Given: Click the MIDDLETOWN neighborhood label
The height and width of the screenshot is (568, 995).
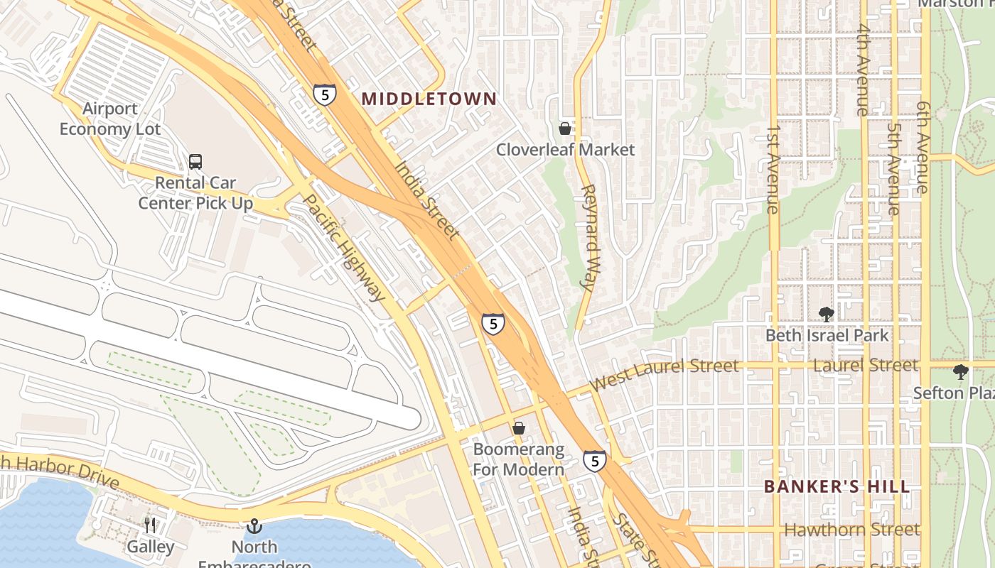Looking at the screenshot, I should coord(429,99).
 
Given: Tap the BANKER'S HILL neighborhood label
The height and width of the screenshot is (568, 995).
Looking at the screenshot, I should coord(837,486).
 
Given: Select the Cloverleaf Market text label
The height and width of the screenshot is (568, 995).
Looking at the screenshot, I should coord(565,150).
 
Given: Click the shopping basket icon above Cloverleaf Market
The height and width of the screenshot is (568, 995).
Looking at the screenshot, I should coord(565,129).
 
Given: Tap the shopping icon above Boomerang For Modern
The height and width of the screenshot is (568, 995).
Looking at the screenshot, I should coord(519,428).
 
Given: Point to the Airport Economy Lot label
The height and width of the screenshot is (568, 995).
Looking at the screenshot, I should coord(110,119).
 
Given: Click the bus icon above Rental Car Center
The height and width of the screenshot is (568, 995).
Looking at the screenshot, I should coord(195,162).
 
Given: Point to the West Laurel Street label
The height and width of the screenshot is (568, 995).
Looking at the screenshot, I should coord(664,374).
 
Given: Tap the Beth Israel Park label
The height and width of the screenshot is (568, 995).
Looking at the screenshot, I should coord(827,335).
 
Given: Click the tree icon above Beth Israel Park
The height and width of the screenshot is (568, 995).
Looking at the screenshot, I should coord(826,314).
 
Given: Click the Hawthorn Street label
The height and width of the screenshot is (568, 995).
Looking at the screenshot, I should coord(851,530).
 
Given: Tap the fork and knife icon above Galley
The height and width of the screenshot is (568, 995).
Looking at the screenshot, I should coord(150,525).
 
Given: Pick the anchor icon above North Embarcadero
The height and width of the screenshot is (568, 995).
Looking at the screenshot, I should coord(254,526).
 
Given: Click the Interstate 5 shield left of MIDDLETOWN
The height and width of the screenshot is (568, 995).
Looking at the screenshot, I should coord(324,94).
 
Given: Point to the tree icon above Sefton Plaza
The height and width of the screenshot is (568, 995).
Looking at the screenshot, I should coord(960,371).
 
